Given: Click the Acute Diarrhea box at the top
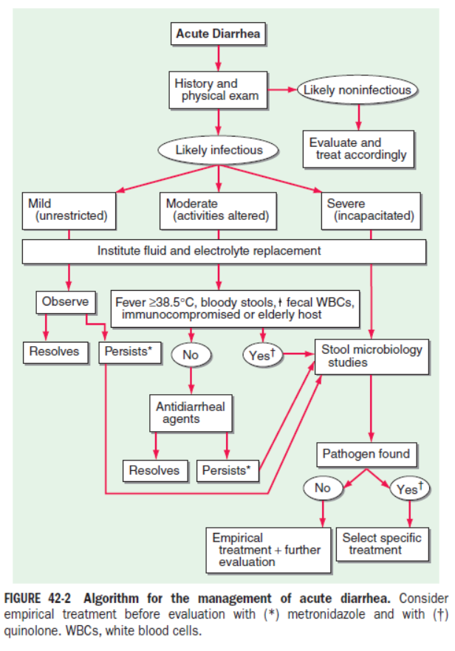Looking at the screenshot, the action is [x=218, y=34].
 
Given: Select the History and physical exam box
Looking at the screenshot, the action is [x=218, y=90].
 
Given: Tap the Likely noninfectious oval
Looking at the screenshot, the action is [x=357, y=90].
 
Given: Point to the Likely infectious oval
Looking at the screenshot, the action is [x=219, y=150].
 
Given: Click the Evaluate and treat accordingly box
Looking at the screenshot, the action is [x=358, y=149].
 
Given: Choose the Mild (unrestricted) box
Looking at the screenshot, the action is [x=69, y=211].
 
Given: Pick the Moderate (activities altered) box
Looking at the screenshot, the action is [x=218, y=211].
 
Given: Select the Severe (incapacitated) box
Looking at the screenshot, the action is [x=371, y=211].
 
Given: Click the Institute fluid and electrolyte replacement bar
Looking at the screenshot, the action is [x=224, y=251].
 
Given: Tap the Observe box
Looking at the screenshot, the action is [x=66, y=302].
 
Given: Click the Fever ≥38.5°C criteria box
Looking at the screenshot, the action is [x=235, y=309].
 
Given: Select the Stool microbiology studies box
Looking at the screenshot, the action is [x=372, y=356].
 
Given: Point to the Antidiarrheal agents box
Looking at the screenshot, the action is [x=191, y=413].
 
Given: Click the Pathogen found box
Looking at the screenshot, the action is [x=366, y=455].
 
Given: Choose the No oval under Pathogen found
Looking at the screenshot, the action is [x=323, y=489].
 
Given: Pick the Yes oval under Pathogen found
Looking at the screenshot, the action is [x=410, y=489].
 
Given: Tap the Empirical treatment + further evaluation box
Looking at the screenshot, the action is [x=268, y=550].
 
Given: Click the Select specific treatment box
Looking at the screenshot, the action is [x=383, y=544].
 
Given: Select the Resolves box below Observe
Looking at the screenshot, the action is [x=55, y=353].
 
